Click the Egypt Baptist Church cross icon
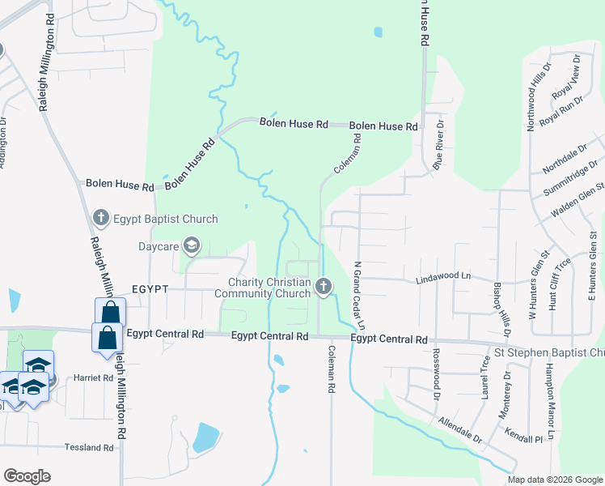pos(100,218)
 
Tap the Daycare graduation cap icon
pos(192,244)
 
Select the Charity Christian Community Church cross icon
pos(324,285)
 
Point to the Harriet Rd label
pos(93,377)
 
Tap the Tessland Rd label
pos(89,447)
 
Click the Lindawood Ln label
pos(442,276)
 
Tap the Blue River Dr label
pos(438,145)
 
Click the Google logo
pos(27,476)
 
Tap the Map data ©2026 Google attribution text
pos(554,480)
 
